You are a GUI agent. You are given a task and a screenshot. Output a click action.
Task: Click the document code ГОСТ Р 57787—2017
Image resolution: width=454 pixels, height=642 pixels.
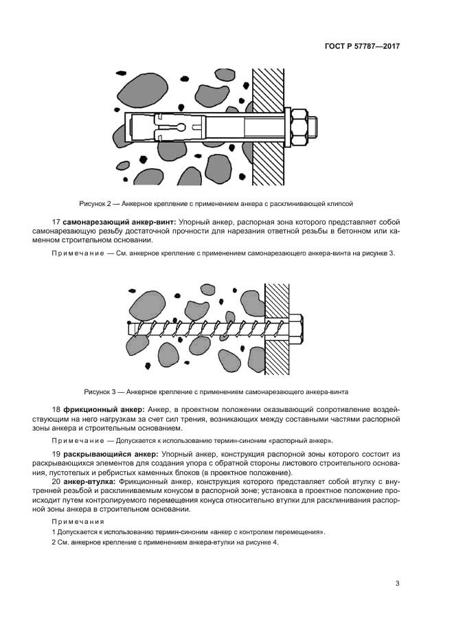(x=362, y=47)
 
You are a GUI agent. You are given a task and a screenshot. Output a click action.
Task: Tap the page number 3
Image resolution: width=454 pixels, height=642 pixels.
(x=397, y=584)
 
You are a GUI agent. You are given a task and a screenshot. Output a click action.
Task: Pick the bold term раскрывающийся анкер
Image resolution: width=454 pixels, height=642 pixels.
(x=111, y=455)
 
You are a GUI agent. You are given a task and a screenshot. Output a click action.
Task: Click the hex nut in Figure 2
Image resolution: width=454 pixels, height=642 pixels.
(x=301, y=128)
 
